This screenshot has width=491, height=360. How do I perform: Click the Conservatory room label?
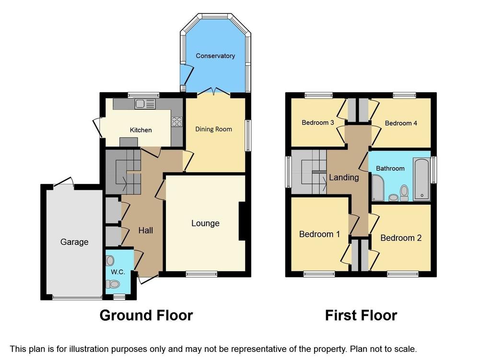[x=215, y=56]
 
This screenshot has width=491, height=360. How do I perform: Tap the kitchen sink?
[x=145, y=104]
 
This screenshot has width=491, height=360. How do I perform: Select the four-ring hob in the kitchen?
[x=177, y=121]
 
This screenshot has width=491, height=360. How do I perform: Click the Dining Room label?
[x=213, y=129]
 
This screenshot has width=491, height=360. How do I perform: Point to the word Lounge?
[x=205, y=223]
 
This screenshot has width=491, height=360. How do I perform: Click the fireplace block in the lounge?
[x=242, y=221]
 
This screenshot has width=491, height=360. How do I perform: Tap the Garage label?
[x=74, y=242]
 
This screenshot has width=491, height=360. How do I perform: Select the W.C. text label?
[x=118, y=272]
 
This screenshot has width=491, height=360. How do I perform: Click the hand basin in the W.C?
[x=110, y=260]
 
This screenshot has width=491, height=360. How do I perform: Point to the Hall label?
[x=146, y=231]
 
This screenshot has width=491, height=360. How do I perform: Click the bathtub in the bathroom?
[x=422, y=179]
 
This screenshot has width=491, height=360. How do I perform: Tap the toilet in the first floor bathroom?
[x=404, y=193]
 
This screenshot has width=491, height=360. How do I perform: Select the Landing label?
[x=344, y=177]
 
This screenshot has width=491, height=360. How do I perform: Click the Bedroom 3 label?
[x=318, y=122]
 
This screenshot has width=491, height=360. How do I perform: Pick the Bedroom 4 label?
[x=401, y=123]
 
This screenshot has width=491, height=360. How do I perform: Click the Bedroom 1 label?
[x=319, y=234]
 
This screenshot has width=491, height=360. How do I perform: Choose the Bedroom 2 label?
[x=401, y=238]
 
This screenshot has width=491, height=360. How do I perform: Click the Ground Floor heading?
[x=146, y=315]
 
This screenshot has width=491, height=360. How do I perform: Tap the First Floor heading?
[x=361, y=315]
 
